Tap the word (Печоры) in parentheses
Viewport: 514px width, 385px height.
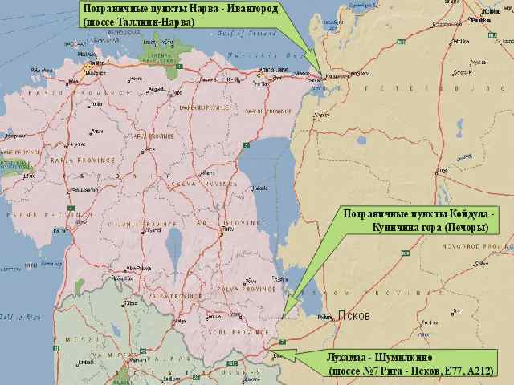click(x=463, y=228)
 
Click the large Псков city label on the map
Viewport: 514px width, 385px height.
click(x=353, y=316)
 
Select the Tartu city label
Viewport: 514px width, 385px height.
click(x=227, y=229)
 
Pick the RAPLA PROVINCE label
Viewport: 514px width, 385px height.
click(x=68, y=160)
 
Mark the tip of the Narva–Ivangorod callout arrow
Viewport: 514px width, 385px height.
click(x=322, y=78)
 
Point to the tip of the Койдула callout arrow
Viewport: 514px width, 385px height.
click(x=284, y=315)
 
